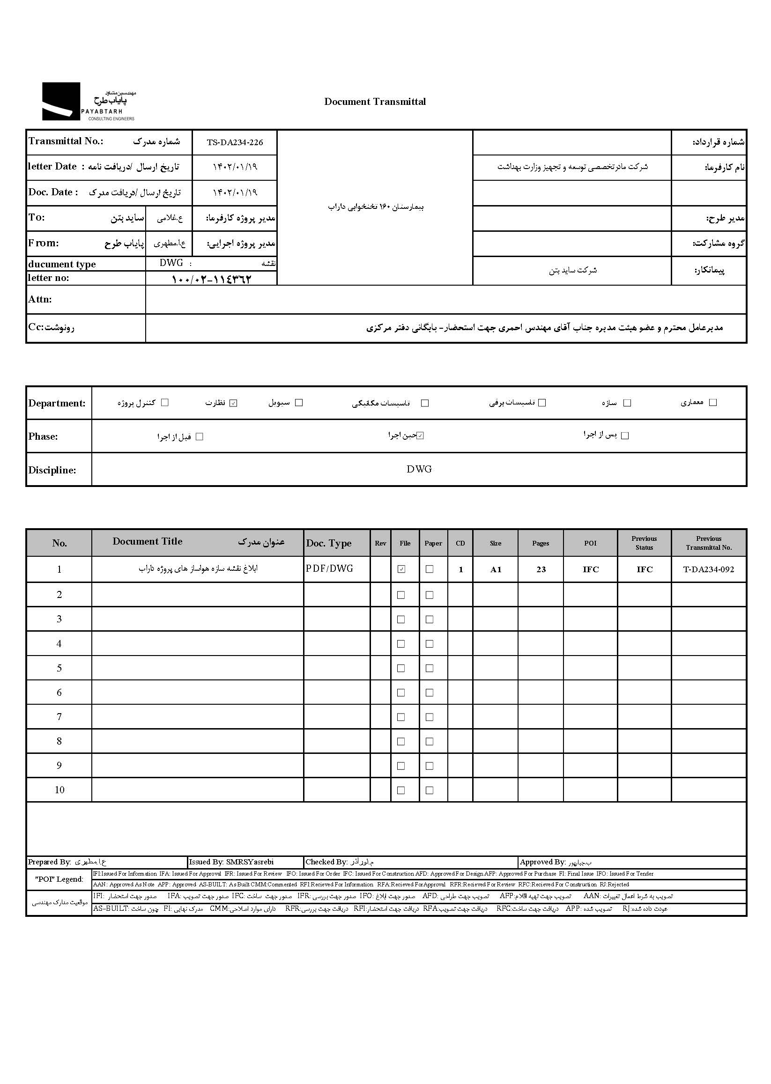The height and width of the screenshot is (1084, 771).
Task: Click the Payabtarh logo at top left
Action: [x=89, y=102]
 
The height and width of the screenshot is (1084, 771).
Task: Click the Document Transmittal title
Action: [x=375, y=102]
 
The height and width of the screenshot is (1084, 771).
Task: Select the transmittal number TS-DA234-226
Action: [x=235, y=142]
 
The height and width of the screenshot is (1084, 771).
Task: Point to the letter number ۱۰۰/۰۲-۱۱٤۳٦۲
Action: [x=211, y=279]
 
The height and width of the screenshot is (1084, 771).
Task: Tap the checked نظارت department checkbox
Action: [x=233, y=403]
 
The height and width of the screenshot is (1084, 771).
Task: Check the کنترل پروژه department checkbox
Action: [x=165, y=403]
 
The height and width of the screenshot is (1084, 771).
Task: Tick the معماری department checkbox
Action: [x=712, y=403]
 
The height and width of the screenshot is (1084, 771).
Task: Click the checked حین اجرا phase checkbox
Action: [x=420, y=435]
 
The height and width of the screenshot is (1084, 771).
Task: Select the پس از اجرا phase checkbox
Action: [x=625, y=435]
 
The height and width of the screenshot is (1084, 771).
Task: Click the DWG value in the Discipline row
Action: [x=419, y=469]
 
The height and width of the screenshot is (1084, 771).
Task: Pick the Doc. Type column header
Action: [x=329, y=544]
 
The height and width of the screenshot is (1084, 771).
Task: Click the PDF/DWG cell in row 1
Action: [x=329, y=569]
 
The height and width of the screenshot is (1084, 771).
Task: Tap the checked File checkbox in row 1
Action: [x=401, y=569]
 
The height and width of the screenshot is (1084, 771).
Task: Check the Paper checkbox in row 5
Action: [x=430, y=668]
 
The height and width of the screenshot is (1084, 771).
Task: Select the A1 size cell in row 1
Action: [x=495, y=569]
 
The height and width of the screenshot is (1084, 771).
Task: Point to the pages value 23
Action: [x=541, y=569]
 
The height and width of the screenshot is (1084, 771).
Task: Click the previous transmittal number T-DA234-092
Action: [x=708, y=569]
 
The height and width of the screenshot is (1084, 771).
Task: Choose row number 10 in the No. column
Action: [x=59, y=790]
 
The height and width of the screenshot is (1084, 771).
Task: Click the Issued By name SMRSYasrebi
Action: [x=250, y=862]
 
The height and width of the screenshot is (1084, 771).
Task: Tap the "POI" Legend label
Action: [x=59, y=879]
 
